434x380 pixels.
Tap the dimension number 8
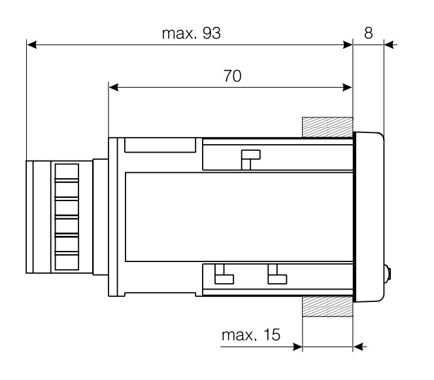coord(369,33)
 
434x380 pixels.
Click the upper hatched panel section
coord(327,128)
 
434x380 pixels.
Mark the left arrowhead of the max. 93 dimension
coord(31,45)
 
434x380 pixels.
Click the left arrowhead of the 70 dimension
coord(114,87)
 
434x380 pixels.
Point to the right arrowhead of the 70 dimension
coord(347,87)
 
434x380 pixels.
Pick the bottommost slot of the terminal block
coord(67,261)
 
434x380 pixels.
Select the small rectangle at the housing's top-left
coord(159,145)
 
